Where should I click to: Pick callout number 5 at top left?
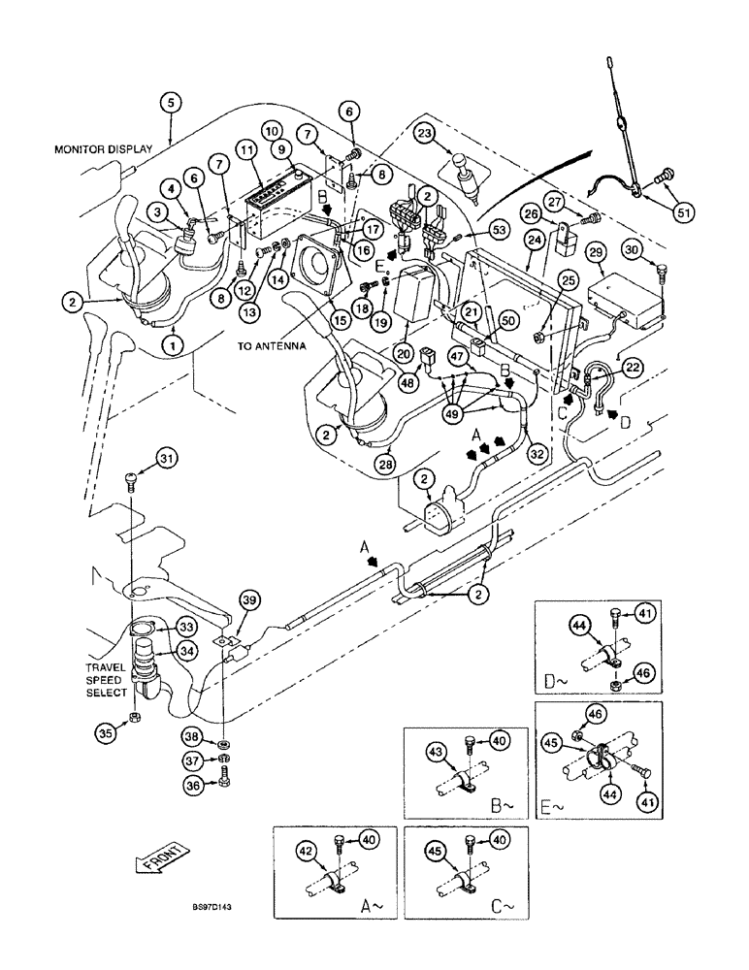(x=170, y=101)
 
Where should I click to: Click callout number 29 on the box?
(x=596, y=252)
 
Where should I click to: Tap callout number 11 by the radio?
(x=244, y=150)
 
